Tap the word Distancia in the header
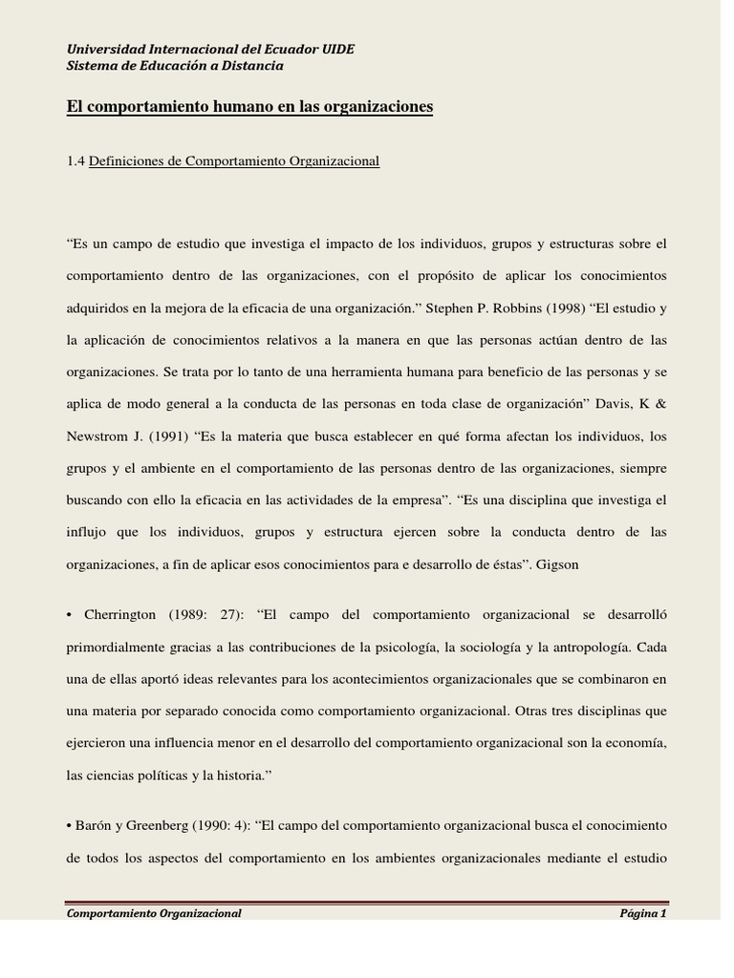(253, 66)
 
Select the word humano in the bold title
(254, 107)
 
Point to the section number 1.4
(76, 161)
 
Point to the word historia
(238, 775)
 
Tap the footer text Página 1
(642, 913)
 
